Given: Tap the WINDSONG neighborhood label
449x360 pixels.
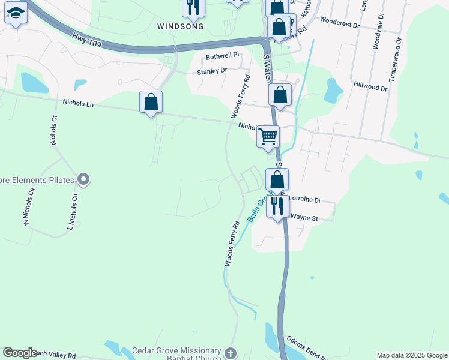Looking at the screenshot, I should pos(181,26).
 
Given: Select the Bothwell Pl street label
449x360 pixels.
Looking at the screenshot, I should pos(223,55).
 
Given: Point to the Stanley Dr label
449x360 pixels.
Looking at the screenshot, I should pos(212,71).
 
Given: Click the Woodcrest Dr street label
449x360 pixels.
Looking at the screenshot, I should pos(339,26).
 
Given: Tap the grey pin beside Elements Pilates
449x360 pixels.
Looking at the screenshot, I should pos(83,179).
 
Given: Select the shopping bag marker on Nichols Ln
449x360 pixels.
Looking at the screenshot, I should pos(151,101).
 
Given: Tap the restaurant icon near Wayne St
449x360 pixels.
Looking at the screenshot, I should pos(277,206).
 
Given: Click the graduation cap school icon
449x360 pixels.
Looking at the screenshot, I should pos(15,13).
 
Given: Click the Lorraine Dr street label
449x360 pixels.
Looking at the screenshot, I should pos(306,200).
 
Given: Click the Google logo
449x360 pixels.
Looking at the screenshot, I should pos(20,353).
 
